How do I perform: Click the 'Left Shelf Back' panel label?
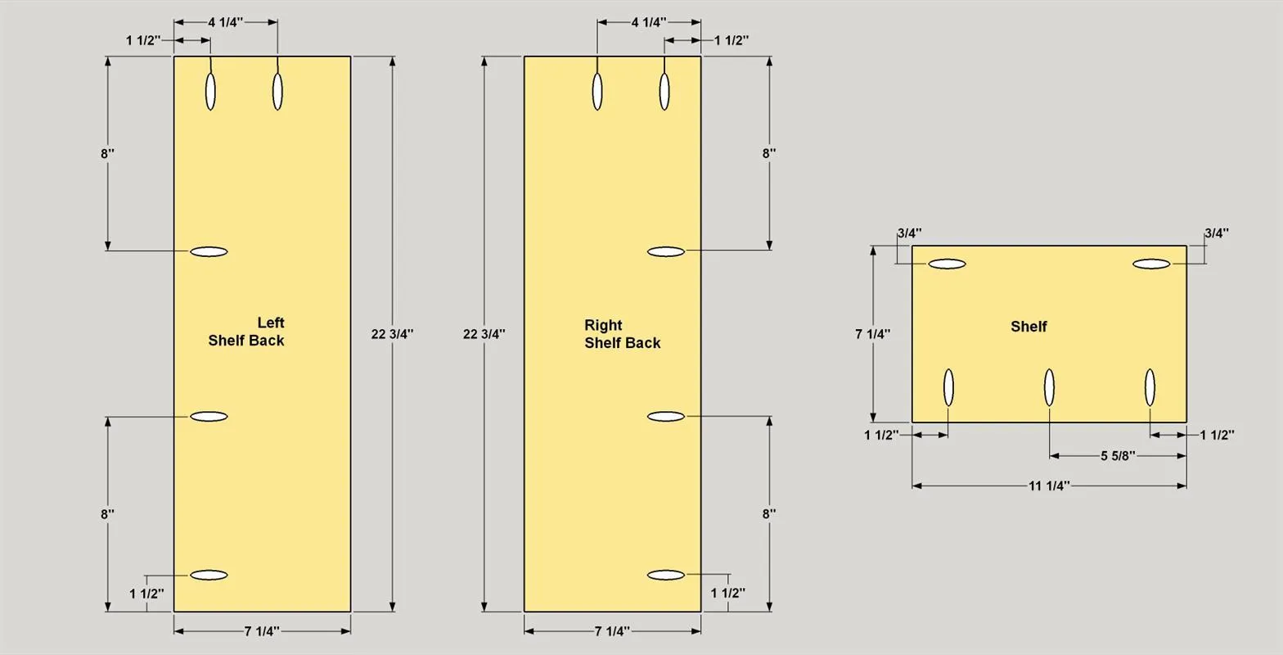pyautogui.click(x=246, y=332)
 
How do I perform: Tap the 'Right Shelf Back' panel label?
pyautogui.click(x=622, y=333)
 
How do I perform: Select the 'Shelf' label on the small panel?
pyautogui.click(x=1029, y=327)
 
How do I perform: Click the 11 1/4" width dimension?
pyautogui.click(x=1049, y=486)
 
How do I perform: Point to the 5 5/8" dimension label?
pyautogui.click(x=1118, y=456)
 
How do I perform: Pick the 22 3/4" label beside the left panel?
pyautogui.click(x=392, y=334)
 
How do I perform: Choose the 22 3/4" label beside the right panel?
pyautogui.click(x=484, y=334)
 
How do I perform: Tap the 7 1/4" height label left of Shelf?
pyautogui.click(x=872, y=334)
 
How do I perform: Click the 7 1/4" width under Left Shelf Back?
pyautogui.click(x=262, y=631)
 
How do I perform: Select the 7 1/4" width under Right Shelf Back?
pyautogui.click(x=612, y=631)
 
